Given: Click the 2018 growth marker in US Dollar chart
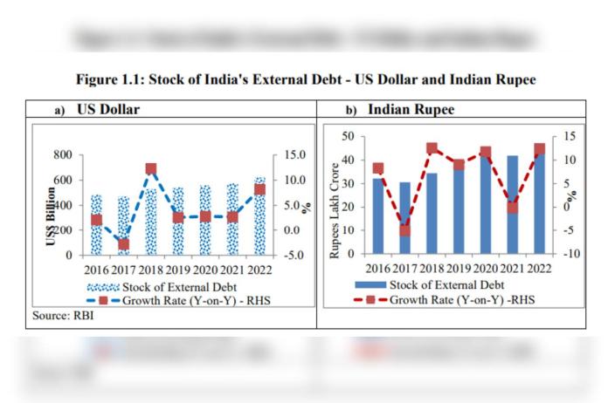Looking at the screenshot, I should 151,168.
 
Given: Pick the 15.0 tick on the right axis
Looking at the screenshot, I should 290,155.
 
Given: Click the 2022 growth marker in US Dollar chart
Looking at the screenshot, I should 260,189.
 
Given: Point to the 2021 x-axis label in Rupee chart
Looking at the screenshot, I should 513,267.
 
